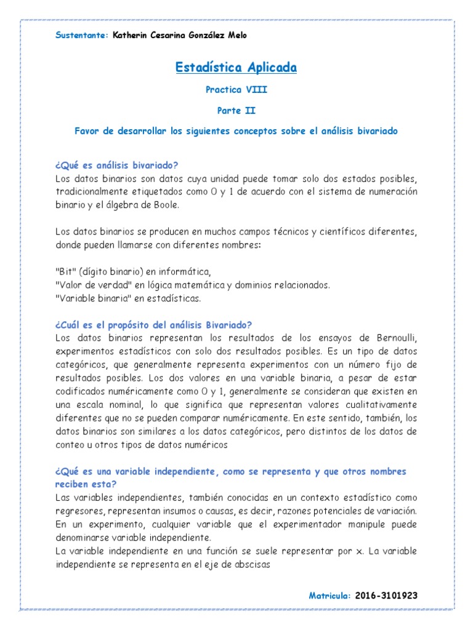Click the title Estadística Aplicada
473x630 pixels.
(236, 67)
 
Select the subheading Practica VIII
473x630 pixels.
(236, 90)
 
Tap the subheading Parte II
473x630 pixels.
(236, 111)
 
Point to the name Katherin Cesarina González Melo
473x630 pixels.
(179, 36)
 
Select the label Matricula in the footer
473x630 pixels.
(329, 596)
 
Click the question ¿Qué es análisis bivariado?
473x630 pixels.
(116, 165)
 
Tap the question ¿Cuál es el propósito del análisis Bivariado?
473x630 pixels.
(153, 325)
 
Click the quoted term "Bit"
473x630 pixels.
(64, 272)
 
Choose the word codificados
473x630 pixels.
(79, 391)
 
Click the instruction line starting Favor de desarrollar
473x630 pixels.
(236, 131)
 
